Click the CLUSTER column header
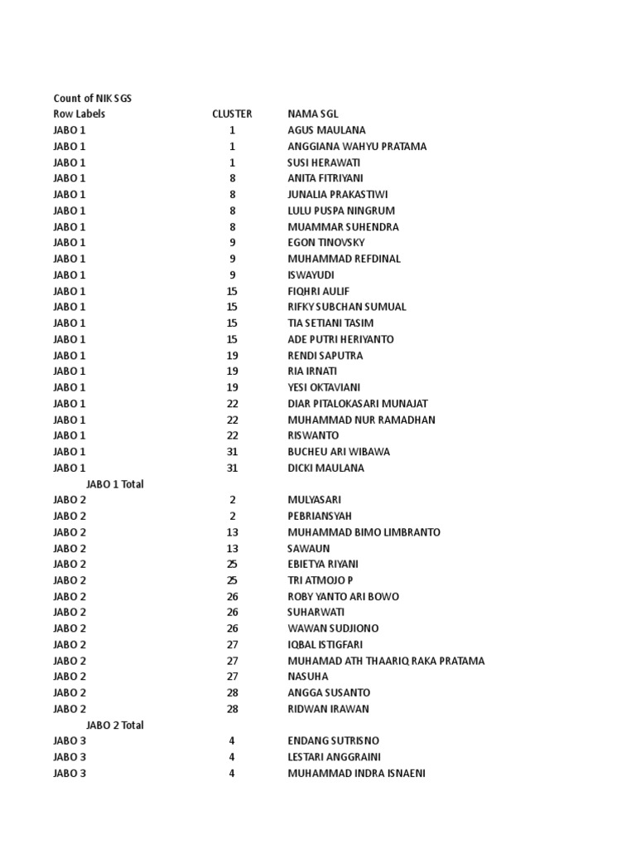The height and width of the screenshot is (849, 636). (232, 114)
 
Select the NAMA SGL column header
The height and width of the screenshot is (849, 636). (313, 114)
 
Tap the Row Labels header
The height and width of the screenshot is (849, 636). (79, 114)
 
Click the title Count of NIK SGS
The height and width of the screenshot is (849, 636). (93, 99)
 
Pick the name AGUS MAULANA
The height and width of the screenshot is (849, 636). (326, 130)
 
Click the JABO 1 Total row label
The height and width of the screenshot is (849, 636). (115, 484)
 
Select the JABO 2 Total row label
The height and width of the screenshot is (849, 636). (115, 725)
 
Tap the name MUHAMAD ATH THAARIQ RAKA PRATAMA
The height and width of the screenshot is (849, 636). (386, 661)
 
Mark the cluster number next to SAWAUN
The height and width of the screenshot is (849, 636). (233, 549)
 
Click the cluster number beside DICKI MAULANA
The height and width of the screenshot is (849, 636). (233, 468)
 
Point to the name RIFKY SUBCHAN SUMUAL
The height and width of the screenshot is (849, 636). (347, 307)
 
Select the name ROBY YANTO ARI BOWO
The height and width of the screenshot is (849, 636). (343, 597)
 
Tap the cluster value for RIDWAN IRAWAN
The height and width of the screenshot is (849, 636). (233, 709)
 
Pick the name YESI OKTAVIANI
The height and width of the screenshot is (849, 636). (324, 387)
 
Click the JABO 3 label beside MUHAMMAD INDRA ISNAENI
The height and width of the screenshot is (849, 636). (70, 774)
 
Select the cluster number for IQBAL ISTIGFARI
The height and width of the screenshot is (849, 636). (233, 645)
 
